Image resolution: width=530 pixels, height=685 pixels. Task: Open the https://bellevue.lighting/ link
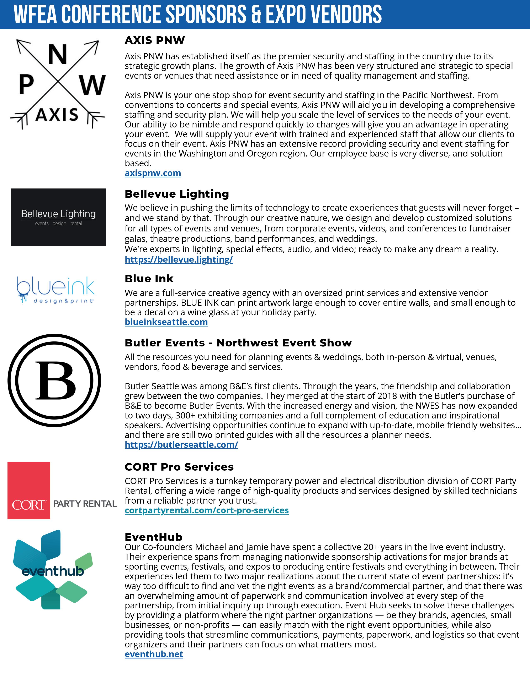(179, 259)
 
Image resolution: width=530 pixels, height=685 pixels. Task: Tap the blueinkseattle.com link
(166, 322)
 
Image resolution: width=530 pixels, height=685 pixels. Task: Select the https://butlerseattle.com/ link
(181, 445)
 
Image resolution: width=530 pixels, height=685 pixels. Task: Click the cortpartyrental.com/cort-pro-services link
(207, 510)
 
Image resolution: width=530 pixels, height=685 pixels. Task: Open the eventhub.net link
(154, 654)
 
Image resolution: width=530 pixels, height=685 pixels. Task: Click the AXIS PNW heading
(155, 40)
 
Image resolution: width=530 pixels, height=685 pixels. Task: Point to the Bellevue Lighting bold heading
(177, 194)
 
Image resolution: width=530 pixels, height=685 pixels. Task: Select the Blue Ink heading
(149, 279)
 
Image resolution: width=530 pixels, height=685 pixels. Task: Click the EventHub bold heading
(154, 537)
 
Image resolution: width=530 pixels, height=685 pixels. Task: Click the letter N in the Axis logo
(57, 54)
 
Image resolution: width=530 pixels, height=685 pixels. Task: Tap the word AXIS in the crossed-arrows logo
(57, 115)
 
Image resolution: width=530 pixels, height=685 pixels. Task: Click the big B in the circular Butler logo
(55, 380)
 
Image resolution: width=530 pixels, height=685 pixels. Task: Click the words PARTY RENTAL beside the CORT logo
(85, 504)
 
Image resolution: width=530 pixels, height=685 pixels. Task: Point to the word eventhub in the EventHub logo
(53, 571)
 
